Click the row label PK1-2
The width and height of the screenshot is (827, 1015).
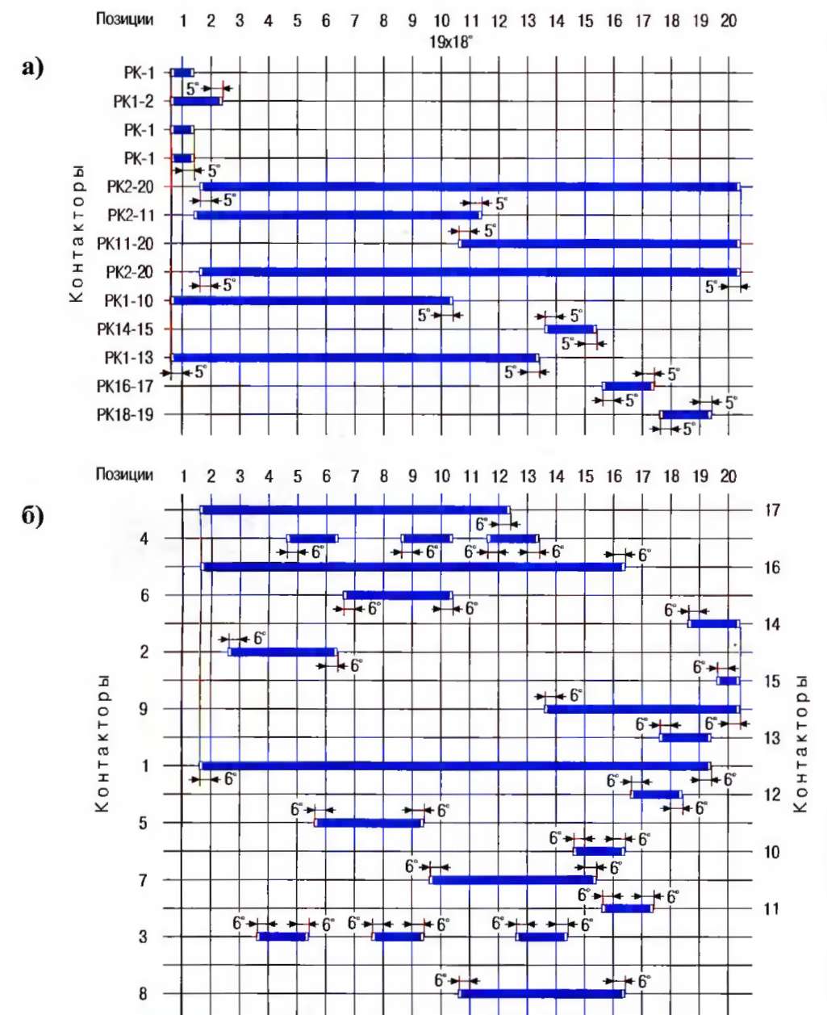(x=132, y=102)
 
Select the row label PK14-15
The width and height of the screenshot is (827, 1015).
(x=124, y=329)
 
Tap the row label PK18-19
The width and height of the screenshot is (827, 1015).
(x=124, y=415)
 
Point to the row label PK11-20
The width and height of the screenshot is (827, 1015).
(x=124, y=244)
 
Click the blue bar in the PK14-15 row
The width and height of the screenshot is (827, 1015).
(x=570, y=329)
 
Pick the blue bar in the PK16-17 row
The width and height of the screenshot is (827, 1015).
(x=627, y=386)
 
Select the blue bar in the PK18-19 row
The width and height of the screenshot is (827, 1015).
(x=685, y=415)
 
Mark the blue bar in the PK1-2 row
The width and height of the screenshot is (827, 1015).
(x=196, y=102)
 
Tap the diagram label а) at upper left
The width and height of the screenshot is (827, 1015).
(x=32, y=69)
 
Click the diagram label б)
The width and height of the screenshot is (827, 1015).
(x=33, y=515)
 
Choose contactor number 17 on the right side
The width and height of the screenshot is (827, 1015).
(x=772, y=510)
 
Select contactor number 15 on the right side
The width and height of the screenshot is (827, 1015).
(x=772, y=682)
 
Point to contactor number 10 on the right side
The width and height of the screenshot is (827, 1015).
(x=772, y=852)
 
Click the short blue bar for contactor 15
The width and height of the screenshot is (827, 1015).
(x=728, y=682)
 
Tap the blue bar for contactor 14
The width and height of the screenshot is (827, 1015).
(x=713, y=624)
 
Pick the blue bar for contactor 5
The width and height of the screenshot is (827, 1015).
(x=369, y=823)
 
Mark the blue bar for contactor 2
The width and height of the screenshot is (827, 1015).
(x=282, y=652)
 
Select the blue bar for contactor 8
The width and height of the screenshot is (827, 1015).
(x=541, y=994)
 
